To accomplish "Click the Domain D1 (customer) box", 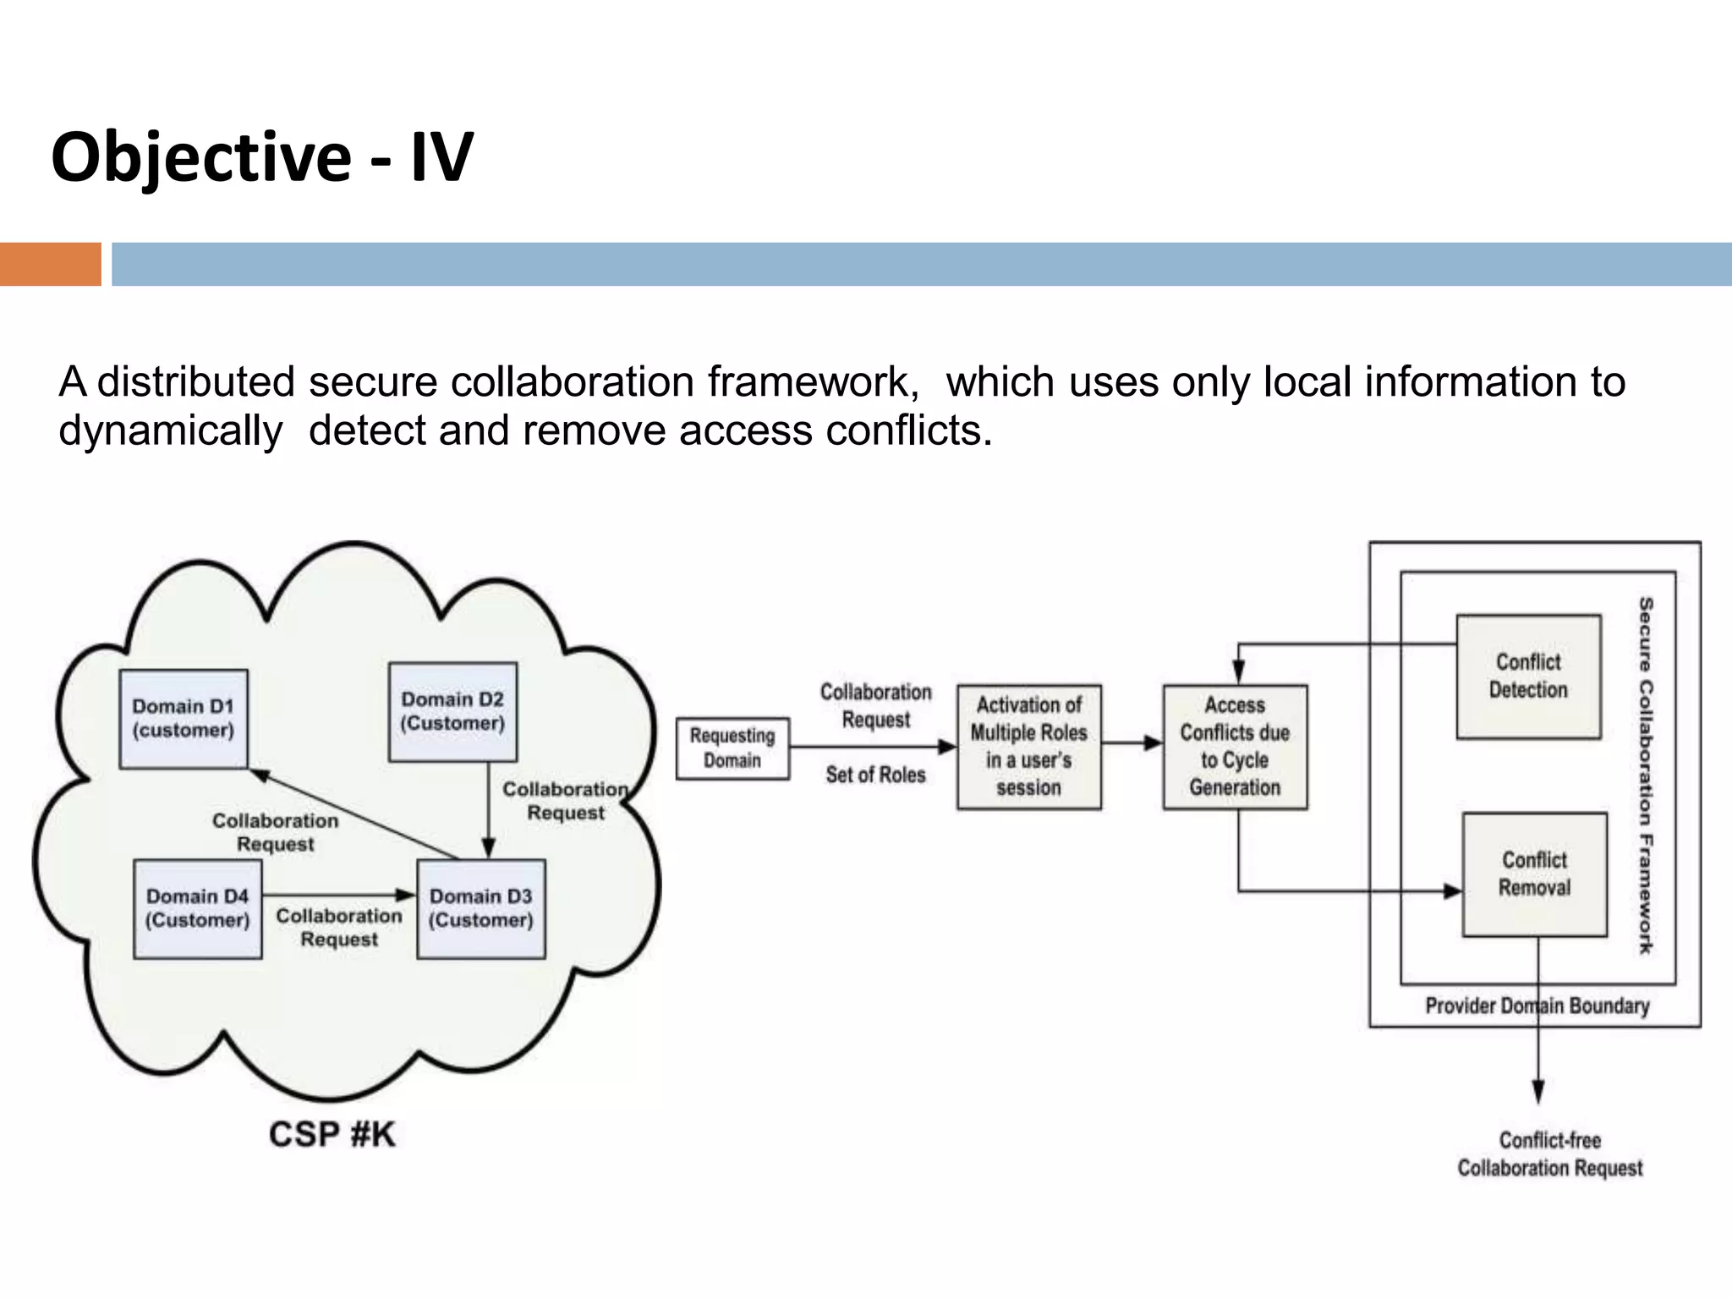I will tap(183, 719).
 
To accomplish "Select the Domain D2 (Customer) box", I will tap(452, 711).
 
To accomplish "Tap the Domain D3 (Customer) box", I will tap(480, 908).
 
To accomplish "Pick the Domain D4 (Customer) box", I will tap(197, 908).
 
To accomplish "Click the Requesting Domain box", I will tap(732, 748).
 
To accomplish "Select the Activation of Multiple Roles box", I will tap(1028, 747).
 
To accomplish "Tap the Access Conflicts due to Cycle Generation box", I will tap(1235, 747).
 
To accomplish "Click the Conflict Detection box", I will tap(1528, 677).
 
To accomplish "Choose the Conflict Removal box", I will tap(1534, 874).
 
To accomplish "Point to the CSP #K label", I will tap(332, 1134).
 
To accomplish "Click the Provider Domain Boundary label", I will tap(1537, 1006).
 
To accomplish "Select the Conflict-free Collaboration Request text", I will tap(1549, 1154).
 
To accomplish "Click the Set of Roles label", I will tap(875, 775).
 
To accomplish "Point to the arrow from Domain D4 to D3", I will tap(338, 895).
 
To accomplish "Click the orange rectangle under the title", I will tap(50, 264).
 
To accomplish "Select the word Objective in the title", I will tap(200, 157).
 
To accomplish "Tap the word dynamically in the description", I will tap(170, 431).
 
